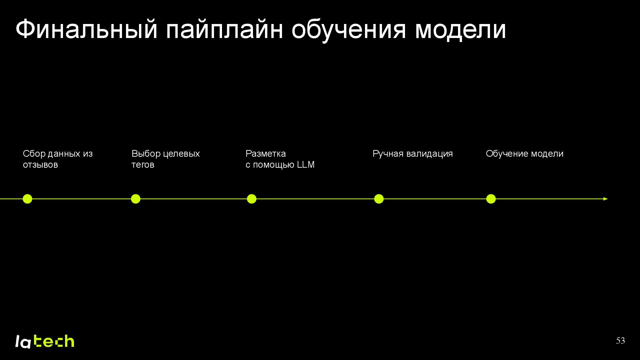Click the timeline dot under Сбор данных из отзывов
pos(27,199)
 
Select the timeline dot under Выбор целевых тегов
pos(136,199)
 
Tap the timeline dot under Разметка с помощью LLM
pos(252,199)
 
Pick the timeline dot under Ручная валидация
pos(379,199)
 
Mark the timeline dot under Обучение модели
pos(491,199)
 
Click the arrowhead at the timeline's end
pos(605,199)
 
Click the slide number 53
pos(620,341)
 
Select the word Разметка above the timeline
pos(266,154)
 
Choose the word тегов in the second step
pos(143,165)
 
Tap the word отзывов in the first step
pos(40,165)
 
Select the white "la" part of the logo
pos(23,342)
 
